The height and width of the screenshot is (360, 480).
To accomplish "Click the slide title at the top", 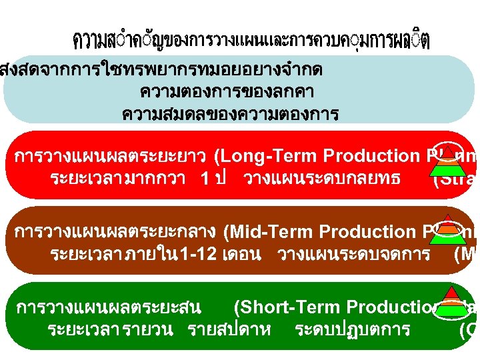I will pyautogui.click(x=251, y=41).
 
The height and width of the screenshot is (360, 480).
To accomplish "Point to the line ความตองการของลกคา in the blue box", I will pyautogui.click(x=227, y=91).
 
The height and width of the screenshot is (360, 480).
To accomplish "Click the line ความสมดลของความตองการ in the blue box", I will pyautogui.click(x=230, y=114).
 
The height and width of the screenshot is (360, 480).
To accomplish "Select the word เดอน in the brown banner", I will pyautogui.click(x=244, y=255).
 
